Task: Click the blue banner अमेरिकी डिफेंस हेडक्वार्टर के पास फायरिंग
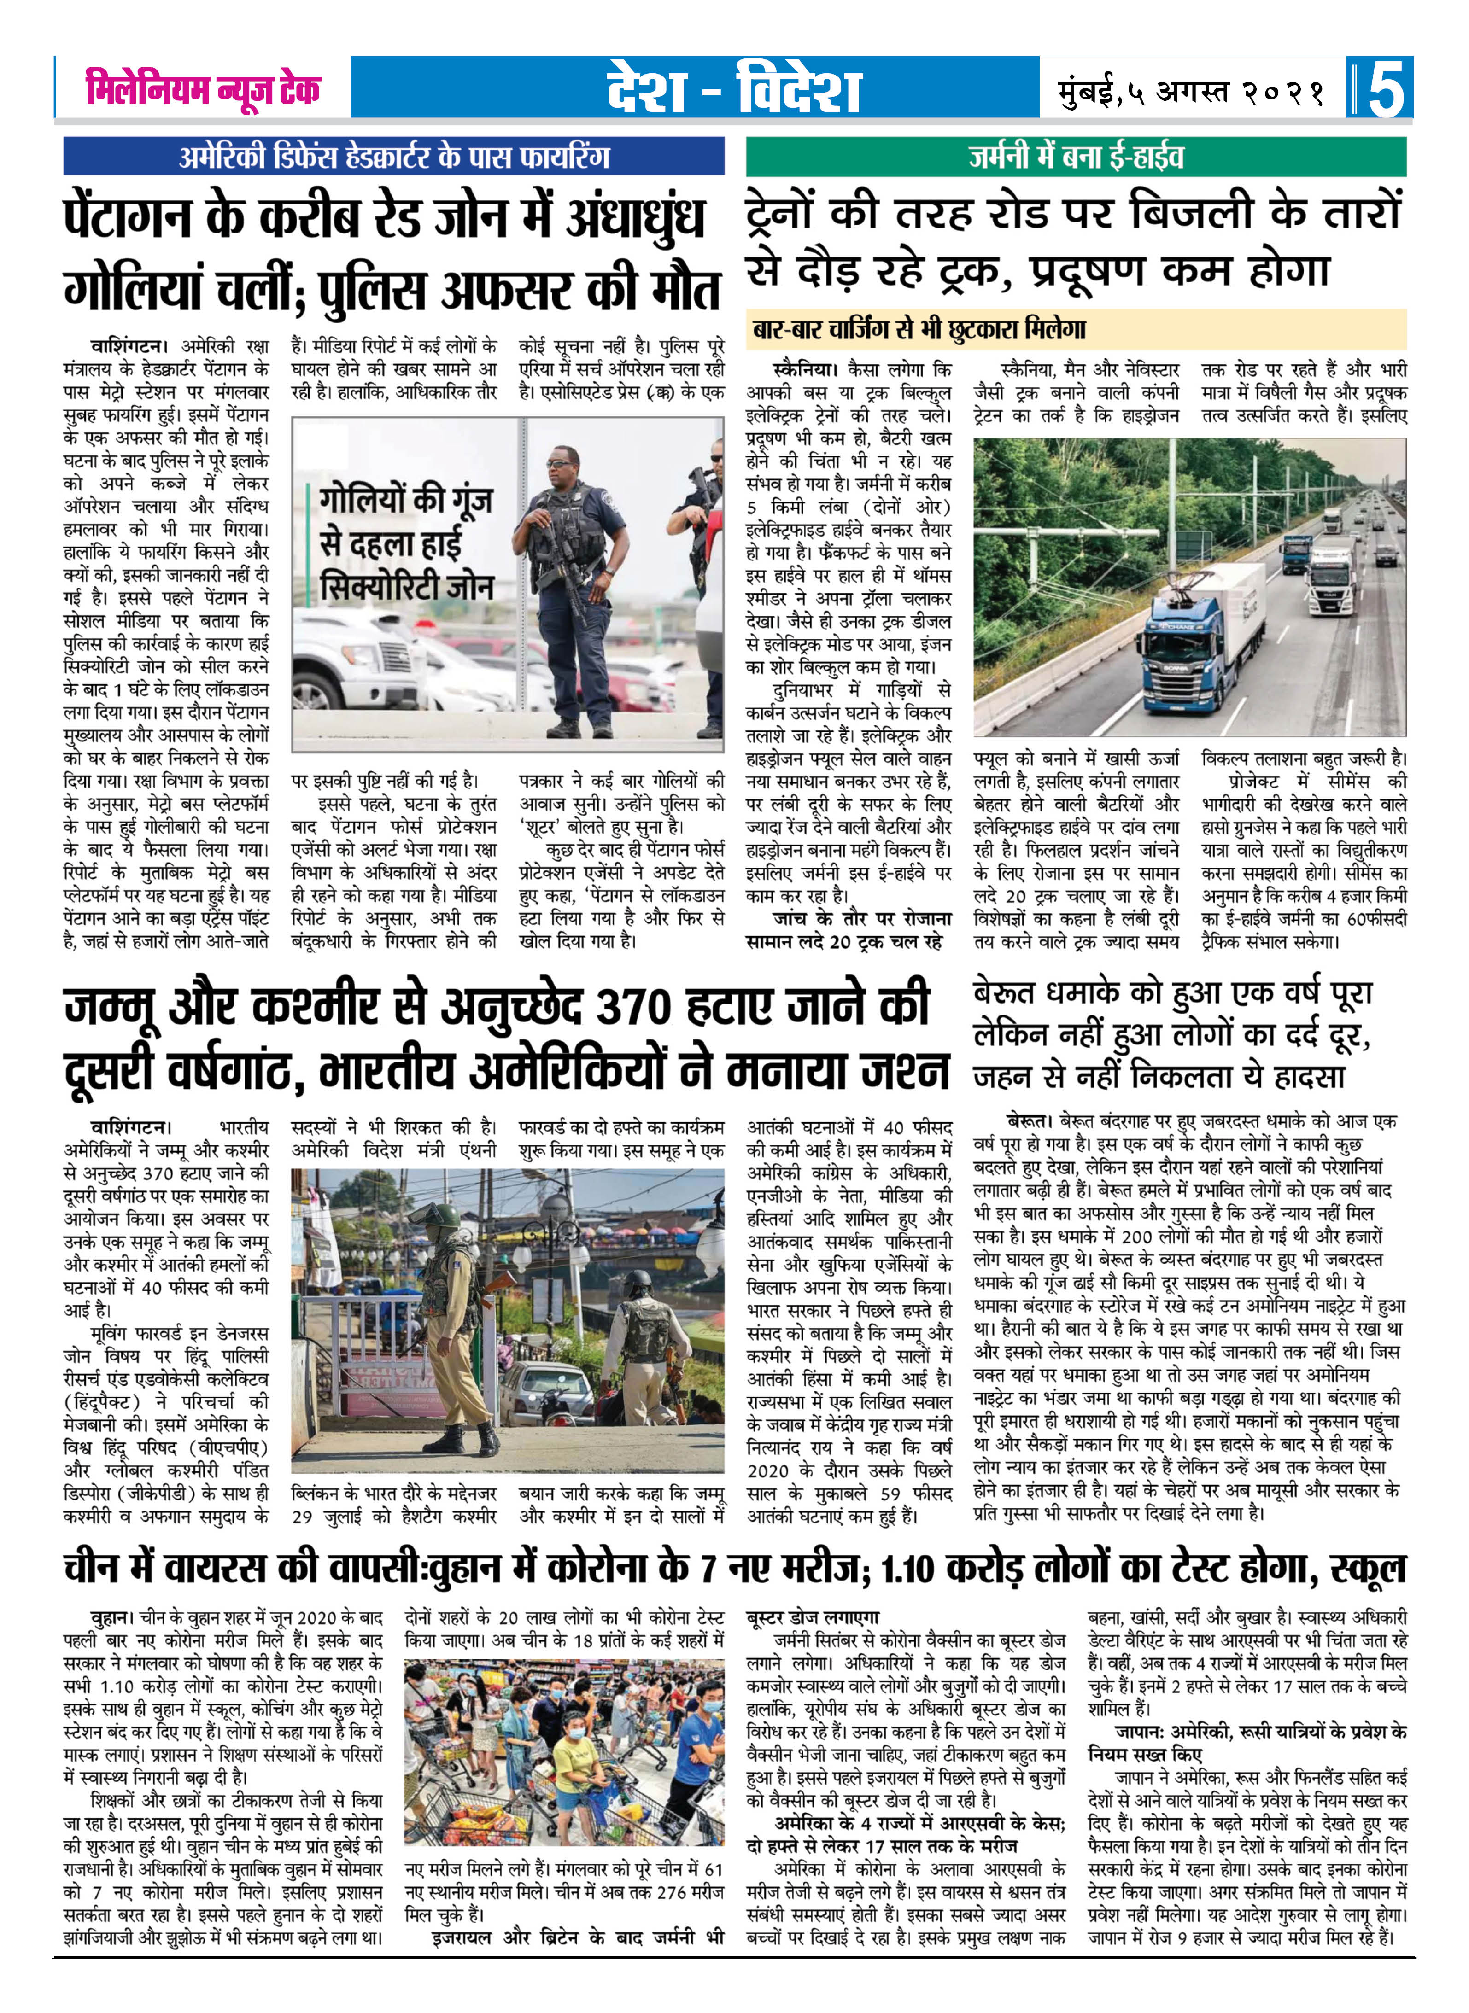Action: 394,158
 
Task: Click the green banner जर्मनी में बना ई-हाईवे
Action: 1076,158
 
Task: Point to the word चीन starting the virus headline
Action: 94,1568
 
